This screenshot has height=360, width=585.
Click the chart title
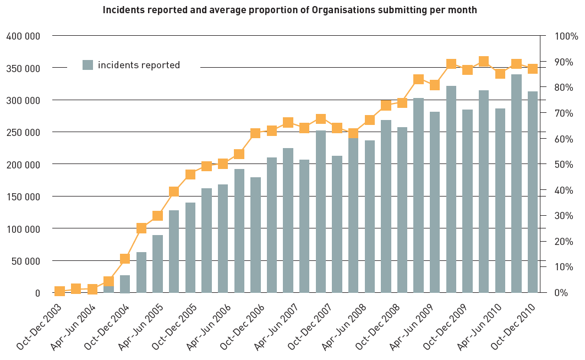point(289,10)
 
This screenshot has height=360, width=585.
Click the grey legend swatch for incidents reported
point(88,65)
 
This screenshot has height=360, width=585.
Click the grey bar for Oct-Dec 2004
point(125,284)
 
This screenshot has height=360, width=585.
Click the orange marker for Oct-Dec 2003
point(59,291)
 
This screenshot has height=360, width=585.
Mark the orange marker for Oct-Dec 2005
point(190,174)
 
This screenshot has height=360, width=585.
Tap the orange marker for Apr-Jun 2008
point(353,133)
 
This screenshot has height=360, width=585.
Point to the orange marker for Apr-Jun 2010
point(500,74)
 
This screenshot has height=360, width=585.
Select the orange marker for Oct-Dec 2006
point(255,133)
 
